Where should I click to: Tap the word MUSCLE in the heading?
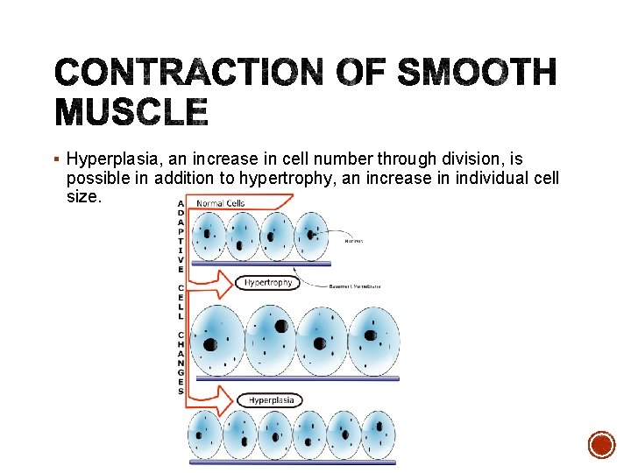point(131,113)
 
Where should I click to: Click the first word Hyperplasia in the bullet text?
point(110,159)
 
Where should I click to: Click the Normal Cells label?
point(221,203)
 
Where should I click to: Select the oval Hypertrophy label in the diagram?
point(268,283)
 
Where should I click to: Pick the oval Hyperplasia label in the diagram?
point(271,400)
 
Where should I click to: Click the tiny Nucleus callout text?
point(354,241)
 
